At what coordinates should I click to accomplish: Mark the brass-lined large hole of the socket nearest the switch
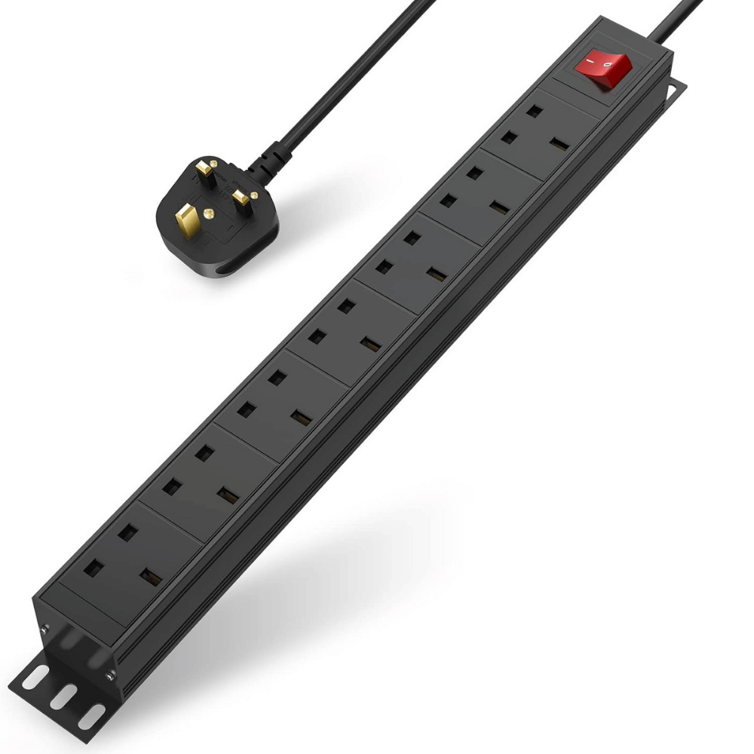coord(559,143)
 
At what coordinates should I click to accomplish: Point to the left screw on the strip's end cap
coord(44,630)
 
